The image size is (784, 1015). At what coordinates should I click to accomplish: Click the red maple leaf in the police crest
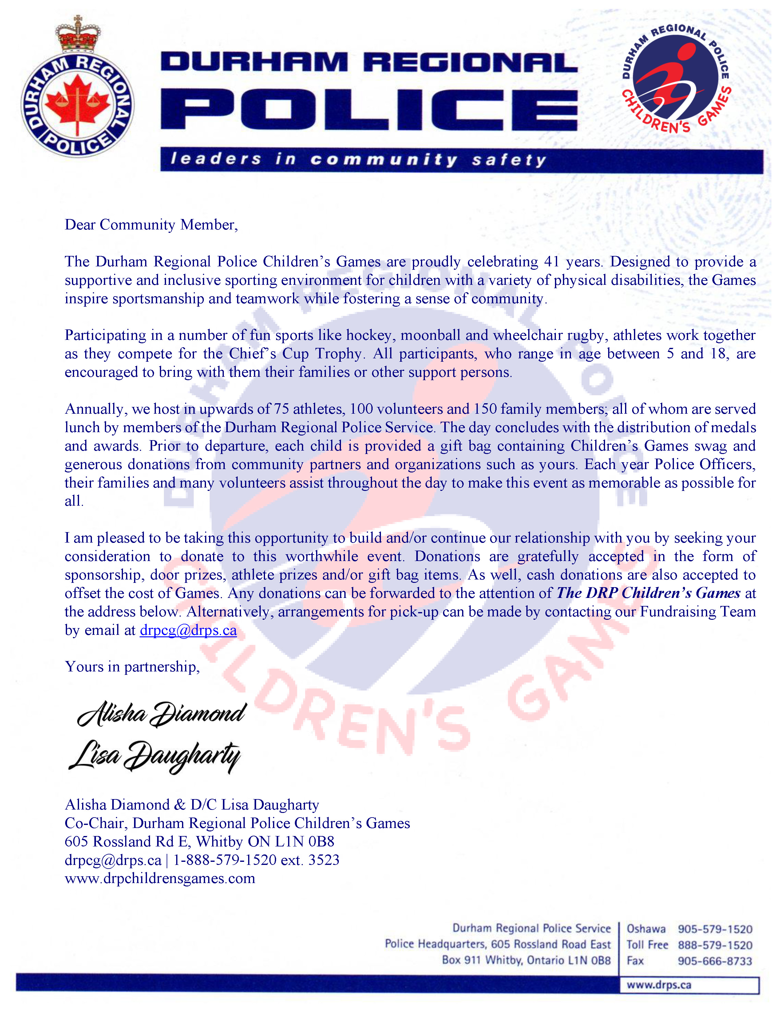pos(77,100)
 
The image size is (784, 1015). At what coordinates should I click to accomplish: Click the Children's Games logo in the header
pos(676,79)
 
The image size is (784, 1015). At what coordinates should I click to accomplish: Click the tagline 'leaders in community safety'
pos(358,159)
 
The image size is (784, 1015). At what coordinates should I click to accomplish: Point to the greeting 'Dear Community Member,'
pos(151,225)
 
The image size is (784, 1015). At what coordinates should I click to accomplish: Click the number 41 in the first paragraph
pos(551,262)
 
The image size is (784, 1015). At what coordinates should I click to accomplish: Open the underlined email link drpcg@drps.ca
pos(188,630)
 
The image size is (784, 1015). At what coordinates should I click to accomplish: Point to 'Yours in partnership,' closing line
pos(133,667)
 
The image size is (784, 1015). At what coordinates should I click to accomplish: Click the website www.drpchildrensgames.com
pos(160,878)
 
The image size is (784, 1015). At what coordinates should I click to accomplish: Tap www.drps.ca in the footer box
pos(659,985)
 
